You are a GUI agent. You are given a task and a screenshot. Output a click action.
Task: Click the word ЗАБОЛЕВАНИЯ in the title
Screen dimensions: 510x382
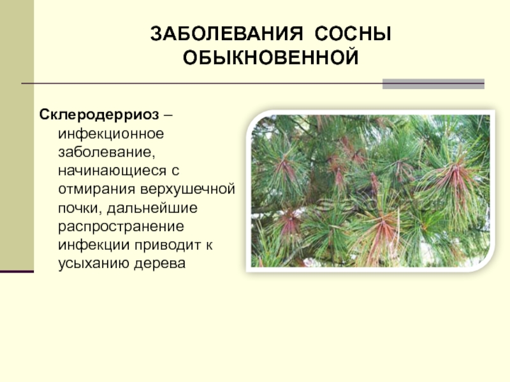point(227,34)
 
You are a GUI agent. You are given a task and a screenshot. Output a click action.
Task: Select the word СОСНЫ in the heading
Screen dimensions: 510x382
point(353,34)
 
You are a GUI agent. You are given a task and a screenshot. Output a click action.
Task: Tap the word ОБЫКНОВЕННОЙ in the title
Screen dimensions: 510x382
point(270,58)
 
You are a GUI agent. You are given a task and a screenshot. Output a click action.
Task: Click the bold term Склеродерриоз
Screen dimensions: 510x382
point(99,115)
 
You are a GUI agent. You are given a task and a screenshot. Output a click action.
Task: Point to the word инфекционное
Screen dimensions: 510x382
point(111,134)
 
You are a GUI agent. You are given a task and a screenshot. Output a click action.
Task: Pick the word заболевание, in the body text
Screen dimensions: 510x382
point(106,152)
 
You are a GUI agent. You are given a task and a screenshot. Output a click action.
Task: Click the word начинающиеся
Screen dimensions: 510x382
point(110,171)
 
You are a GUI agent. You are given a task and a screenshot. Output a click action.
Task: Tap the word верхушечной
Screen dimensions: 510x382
point(187,189)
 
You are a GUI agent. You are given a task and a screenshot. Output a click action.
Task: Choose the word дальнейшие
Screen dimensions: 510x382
point(152,208)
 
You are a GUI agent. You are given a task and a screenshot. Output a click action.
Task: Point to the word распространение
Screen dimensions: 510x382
point(121,227)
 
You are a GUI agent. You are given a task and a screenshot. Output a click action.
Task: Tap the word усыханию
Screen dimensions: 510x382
point(93,264)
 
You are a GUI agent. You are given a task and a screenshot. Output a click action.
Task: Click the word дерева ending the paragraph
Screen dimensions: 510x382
point(160,264)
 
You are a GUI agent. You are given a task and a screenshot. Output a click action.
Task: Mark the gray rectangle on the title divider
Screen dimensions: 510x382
point(433,84)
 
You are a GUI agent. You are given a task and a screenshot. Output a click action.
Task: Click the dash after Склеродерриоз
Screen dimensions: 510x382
point(168,115)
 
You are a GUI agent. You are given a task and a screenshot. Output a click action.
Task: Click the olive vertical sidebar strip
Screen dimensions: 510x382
point(17,135)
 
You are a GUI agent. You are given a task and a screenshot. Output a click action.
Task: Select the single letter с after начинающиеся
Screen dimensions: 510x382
point(175,172)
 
